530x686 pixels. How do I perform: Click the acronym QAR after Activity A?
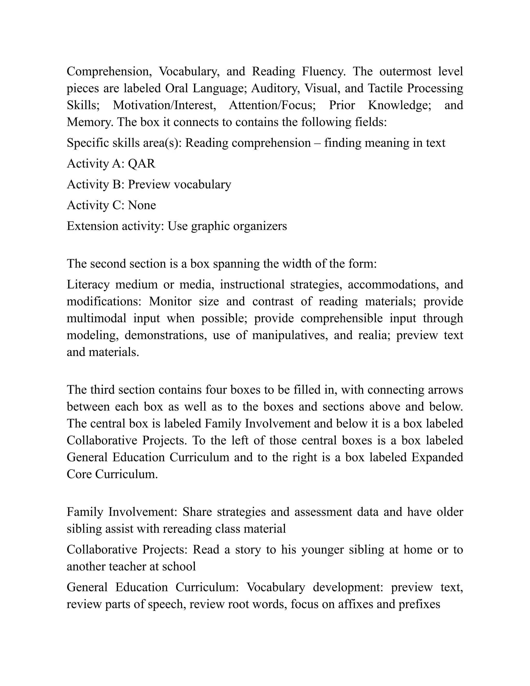[x=142, y=164]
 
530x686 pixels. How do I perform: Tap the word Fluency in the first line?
[x=323, y=72]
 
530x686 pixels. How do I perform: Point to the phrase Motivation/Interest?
[x=165, y=105]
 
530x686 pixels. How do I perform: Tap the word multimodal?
[x=96, y=318]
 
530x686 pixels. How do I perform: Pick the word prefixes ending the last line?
[x=419, y=604]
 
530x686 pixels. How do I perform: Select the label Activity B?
[x=96, y=184]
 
